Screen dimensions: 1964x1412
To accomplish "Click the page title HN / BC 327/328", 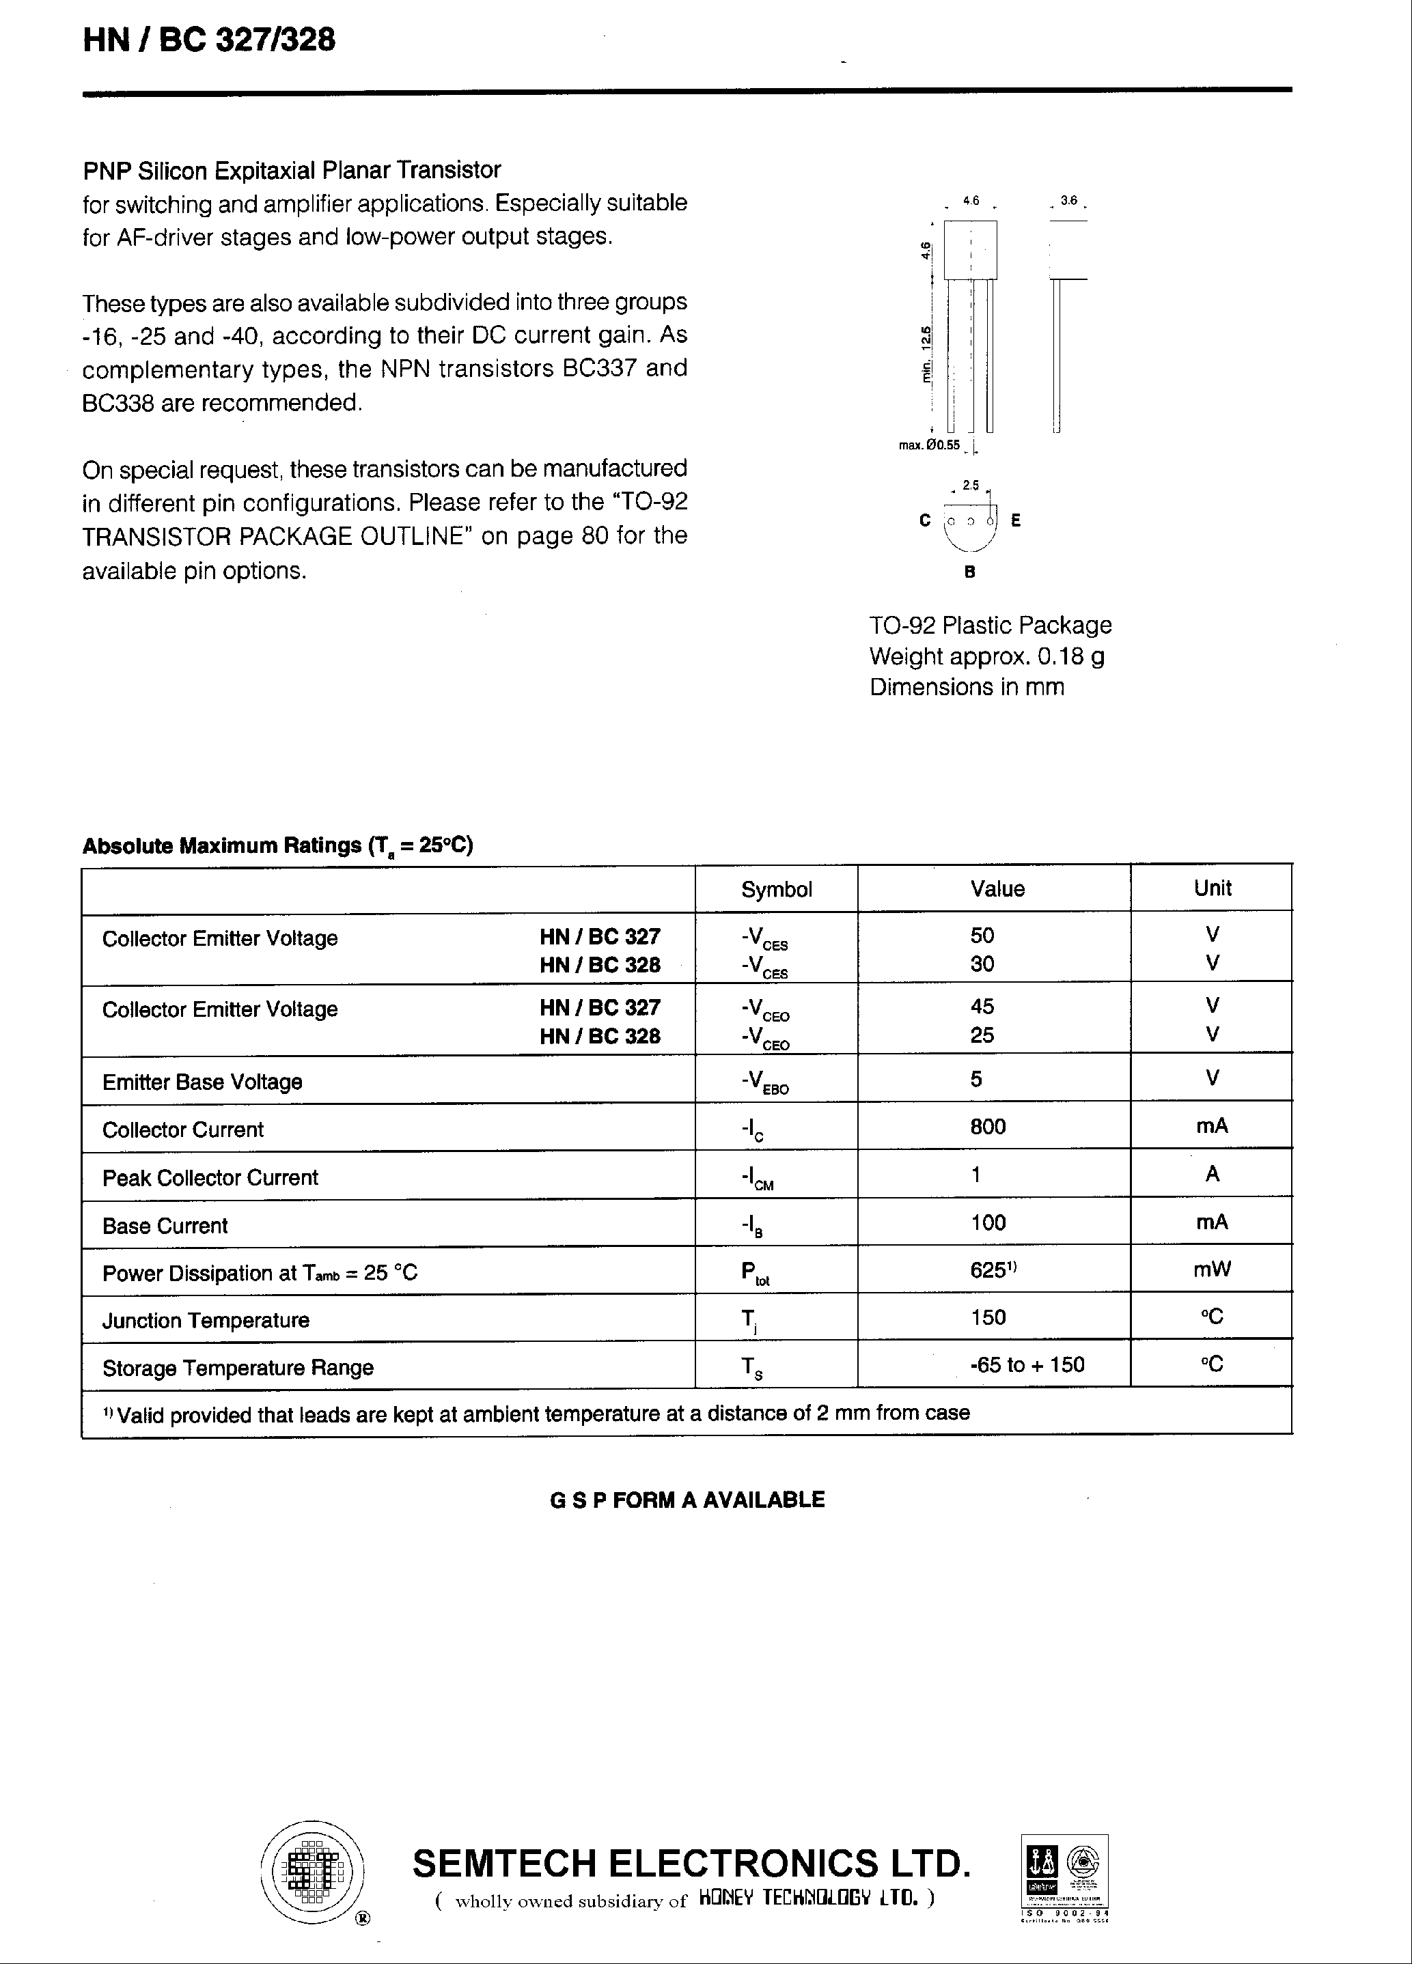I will click(x=209, y=40).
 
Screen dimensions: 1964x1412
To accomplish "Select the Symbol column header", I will click(x=776, y=889).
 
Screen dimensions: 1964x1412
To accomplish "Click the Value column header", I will click(x=997, y=888).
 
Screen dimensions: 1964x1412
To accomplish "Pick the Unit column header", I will click(x=1212, y=888).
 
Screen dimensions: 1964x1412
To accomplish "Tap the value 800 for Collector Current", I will click(x=988, y=1127).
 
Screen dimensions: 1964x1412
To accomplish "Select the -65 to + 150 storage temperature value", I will click(x=1027, y=1364).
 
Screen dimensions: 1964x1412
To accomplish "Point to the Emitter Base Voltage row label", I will click(x=202, y=1082).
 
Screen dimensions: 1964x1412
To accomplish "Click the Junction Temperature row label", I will click(x=206, y=1321).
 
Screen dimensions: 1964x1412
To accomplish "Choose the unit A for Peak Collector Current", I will click(x=1212, y=1175).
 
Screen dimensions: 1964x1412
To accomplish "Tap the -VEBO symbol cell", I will click(x=765, y=1082).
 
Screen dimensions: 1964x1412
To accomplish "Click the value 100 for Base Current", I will click(x=988, y=1223).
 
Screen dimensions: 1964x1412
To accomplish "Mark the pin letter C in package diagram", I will click(x=924, y=520).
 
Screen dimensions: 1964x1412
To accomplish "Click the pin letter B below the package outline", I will click(x=969, y=572).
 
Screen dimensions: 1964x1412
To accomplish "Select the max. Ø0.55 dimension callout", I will click(x=930, y=445).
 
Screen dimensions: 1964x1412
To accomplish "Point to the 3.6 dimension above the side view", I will click(x=1068, y=201).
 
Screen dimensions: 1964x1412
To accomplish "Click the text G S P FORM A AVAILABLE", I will click(x=687, y=1500).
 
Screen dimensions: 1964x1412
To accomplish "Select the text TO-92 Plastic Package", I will click(x=990, y=626).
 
